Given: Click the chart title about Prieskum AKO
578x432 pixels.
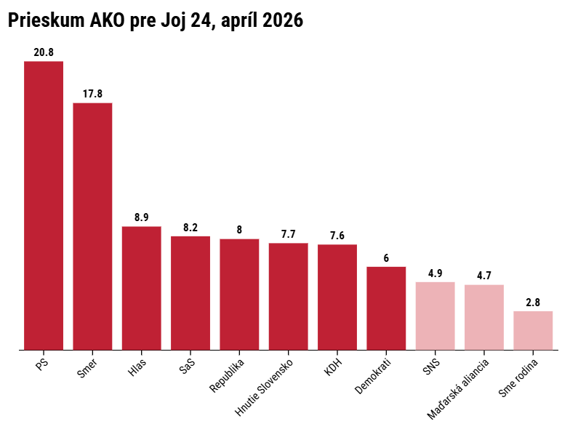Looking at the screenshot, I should (x=155, y=22).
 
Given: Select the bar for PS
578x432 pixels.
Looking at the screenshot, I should (x=44, y=205).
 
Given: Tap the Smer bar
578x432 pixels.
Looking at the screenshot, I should (x=92, y=226).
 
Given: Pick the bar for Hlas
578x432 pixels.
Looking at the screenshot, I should (x=141, y=288).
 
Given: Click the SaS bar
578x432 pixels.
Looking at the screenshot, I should (x=190, y=293).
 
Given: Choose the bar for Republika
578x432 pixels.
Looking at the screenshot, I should (x=239, y=295).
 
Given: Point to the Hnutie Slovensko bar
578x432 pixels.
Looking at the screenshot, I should (x=289, y=297).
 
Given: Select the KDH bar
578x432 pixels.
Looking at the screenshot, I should (x=337, y=297).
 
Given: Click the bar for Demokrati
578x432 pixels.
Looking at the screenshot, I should (x=386, y=308).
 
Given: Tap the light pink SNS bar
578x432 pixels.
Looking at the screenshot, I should (x=435, y=316).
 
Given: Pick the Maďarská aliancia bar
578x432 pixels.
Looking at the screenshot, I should (x=484, y=318).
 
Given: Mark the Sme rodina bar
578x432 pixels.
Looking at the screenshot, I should (x=533, y=331).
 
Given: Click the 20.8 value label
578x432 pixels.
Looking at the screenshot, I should (x=44, y=52).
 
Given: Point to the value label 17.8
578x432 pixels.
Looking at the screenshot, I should (x=92, y=94).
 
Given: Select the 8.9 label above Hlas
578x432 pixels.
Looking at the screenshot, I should (x=141, y=217).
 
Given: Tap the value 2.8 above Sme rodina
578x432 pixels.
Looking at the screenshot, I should (x=533, y=303).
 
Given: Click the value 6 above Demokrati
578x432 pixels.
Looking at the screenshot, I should (x=386, y=258).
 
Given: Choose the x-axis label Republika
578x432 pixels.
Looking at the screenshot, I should (x=228, y=375).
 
